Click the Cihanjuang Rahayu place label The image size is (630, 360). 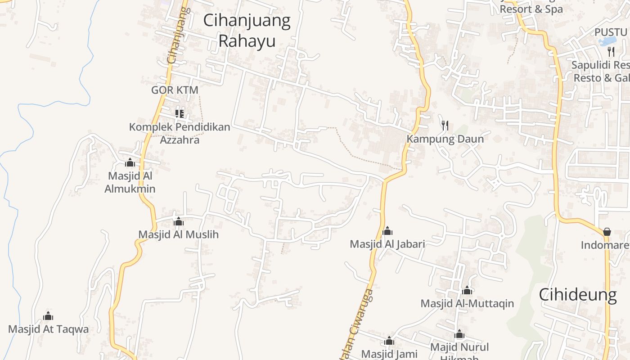[247, 31]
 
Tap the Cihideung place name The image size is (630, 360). [578, 295]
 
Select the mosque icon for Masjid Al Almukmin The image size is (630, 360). [130, 162]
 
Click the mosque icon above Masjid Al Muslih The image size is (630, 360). [179, 221]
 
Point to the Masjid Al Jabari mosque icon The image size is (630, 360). [387, 231]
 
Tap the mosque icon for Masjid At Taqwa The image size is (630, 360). [48, 316]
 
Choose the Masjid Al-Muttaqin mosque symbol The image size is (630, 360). [467, 290]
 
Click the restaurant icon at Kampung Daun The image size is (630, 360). [445, 125]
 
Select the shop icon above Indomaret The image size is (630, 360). [607, 232]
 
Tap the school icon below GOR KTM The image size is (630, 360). [180, 113]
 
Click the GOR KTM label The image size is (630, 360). [175, 90]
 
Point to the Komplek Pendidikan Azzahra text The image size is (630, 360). [180, 133]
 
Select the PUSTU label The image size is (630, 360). [611, 32]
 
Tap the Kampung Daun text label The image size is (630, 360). [445, 139]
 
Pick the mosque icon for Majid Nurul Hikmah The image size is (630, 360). [459, 334]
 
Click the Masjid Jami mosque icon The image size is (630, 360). [389, 341]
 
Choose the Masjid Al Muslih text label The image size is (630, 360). [178, 234]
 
